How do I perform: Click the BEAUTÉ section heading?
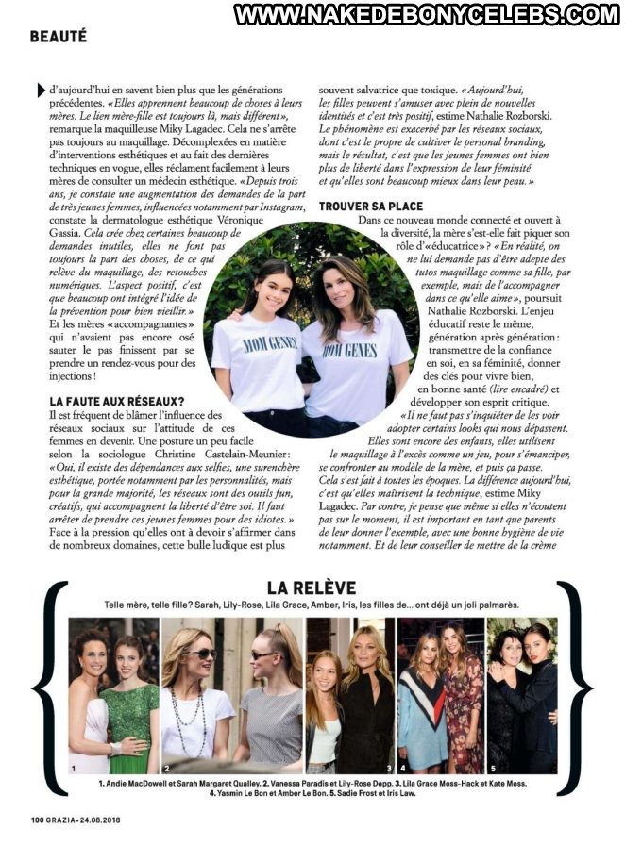(59, 37)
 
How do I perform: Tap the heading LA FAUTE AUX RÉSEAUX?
(116, 401)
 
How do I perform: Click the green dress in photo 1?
(130, 717)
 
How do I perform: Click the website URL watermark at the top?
(427, 14)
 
